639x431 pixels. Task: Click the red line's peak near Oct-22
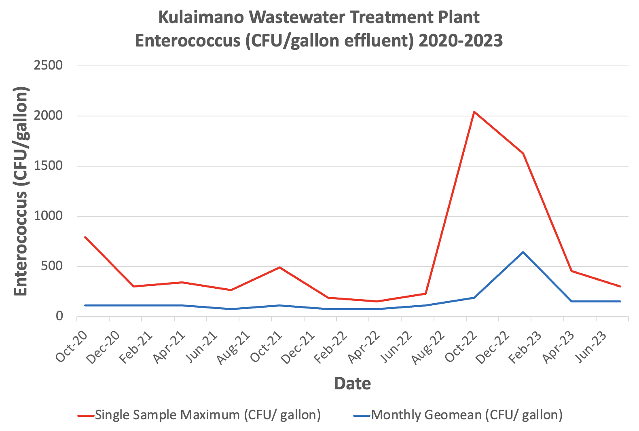pyautogui.click(x=474, y=112)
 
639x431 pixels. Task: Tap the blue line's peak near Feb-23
pyautogui.click(x=523, y=252)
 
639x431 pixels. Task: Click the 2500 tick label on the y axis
pyautogui.click(x=49, y=65)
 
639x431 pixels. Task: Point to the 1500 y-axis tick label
pyautogui.click(x=49, y=166)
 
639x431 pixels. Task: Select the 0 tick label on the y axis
pyautogui.click(x=59, y=316)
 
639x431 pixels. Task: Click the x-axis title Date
pyautogui.click(x=352, y=383)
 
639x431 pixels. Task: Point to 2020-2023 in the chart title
pyautogui.click(x=461, y=40)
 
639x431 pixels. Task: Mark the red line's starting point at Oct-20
pyautogui.click(x=85, y=237)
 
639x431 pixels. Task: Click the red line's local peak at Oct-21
pyautogui.click(x=279, y=267)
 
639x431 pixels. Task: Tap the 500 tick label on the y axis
pyautogui.click(x=54, y=266)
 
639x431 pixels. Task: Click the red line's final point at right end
pyautogui.click(x=620, y=286)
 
